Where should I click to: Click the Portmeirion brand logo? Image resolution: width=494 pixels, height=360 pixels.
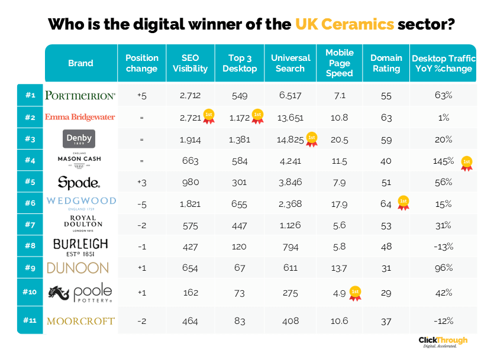tap(80, 95)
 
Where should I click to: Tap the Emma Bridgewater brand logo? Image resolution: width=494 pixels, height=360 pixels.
tap(80, 117)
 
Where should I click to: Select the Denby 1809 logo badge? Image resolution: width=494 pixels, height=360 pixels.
tap(79, 139)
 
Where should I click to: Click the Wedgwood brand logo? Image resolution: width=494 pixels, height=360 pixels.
tap(80, 202)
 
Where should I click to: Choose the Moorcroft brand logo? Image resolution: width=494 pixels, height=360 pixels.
tap(80, 321)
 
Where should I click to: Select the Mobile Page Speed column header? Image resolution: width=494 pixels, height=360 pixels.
tap(339, 63)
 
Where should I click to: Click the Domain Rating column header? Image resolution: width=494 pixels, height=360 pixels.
tap(386, 63)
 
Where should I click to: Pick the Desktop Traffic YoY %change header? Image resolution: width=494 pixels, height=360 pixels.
tap(443, 63)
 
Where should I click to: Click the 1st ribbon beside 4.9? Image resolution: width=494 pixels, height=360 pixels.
tap(355, 293)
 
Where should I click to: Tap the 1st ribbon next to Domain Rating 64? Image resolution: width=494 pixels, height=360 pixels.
tap(403, 203)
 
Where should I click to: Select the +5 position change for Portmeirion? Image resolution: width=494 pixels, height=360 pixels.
tap(141, 95)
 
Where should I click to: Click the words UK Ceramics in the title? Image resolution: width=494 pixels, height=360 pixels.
tap(344, 25)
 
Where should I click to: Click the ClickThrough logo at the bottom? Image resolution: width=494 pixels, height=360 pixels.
tap(443, 342)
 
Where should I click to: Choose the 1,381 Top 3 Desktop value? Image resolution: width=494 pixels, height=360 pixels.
tap(240, 140)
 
